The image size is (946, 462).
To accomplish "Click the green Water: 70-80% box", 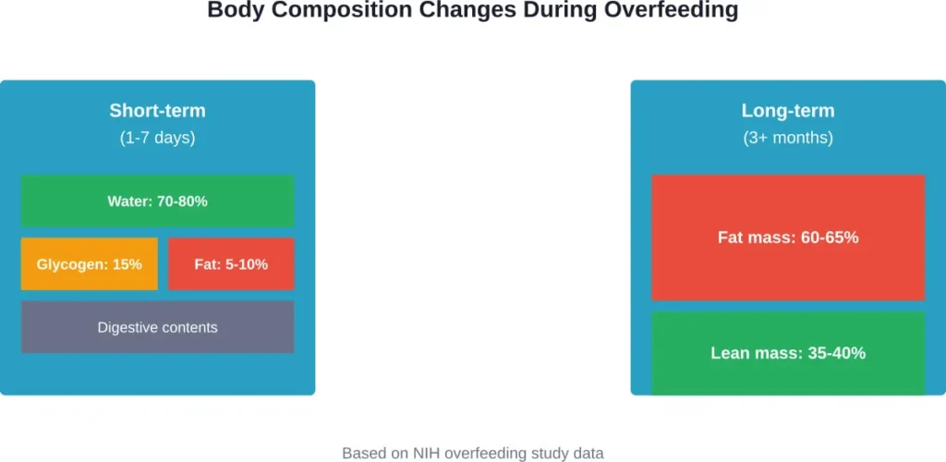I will coord(157,201).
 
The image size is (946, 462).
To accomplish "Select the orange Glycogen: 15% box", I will coord(90,264).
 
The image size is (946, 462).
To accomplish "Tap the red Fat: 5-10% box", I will coord(231,264).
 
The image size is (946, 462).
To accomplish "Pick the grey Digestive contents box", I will coord(157,327).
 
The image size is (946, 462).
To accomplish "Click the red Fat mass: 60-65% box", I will coord(788,237).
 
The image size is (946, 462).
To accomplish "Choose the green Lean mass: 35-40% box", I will coord(788,353).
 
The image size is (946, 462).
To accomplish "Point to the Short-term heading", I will coord(157,111).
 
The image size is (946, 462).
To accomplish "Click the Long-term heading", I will coord(788,111).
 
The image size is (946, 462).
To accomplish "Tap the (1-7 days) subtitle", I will coord(157,138).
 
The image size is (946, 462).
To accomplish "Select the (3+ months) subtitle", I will coord(788,138).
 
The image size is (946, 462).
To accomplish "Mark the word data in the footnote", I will coord(587,454).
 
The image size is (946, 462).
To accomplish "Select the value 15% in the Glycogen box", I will coord(127,264).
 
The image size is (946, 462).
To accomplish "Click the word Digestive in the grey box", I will coord(128,327).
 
